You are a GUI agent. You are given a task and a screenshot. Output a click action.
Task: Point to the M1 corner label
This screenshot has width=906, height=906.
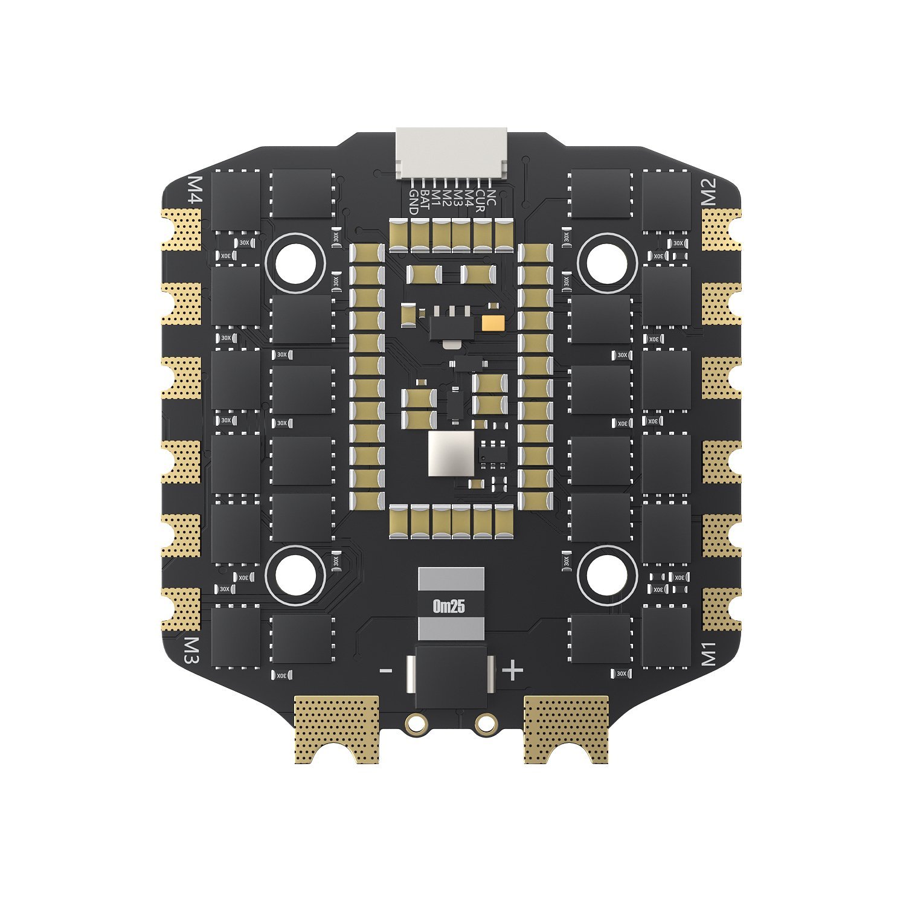(x=708, y=654)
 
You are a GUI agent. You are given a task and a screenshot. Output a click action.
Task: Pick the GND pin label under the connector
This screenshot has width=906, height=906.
(x=414, y=202)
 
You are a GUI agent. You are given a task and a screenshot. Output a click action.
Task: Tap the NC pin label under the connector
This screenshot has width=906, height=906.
(x=491, y=198)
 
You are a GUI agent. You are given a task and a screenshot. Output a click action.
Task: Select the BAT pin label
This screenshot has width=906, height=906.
(x=425, y=200)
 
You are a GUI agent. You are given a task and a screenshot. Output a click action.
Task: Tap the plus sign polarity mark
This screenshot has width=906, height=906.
(x=513, y=670)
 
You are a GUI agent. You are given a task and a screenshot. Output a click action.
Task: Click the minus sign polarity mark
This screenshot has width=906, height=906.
(x=385, y=670)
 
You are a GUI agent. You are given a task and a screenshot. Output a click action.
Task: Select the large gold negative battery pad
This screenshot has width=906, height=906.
(x=336, y=728)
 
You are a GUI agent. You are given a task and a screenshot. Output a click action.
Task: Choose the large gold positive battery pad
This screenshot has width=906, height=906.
(x=566, y=728)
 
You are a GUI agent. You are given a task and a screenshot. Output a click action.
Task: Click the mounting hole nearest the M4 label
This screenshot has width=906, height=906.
(x=295, y=262)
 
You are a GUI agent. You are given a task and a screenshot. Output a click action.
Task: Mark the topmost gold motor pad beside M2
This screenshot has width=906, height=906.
(x=721, y=230)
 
